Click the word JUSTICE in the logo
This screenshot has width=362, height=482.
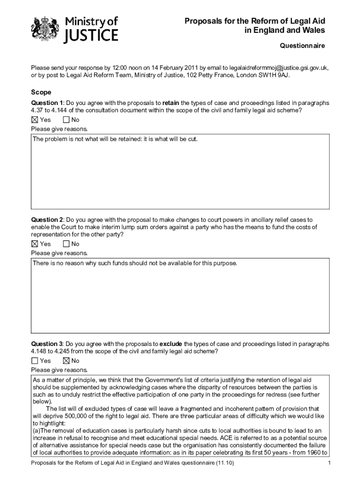[91, 36]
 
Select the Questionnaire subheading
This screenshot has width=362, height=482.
[302, 46]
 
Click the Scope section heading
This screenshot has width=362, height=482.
[41, 92]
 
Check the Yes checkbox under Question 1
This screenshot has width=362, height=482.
[34, 120]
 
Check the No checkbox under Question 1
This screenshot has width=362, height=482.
[66, 120]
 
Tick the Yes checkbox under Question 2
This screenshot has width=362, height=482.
[34, 244]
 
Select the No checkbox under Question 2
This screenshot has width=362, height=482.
[66, 244]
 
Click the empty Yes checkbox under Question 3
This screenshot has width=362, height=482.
[34, 361]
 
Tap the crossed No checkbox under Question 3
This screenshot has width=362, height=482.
[66, 361]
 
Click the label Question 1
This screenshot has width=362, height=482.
[47, 103]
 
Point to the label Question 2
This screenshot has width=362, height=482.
[47, 220]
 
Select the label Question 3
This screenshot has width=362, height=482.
[47, 344]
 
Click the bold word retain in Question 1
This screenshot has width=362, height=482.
[171, 103]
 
